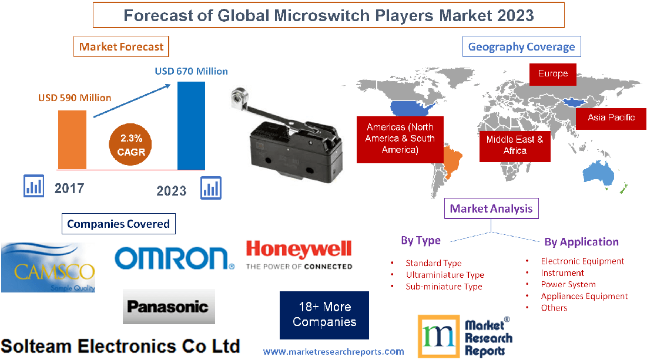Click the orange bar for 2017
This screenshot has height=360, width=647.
coord(72,140)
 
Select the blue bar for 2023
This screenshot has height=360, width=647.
coord(192,125)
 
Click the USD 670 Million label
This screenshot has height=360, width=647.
coord(191,71)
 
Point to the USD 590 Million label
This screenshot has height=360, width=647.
coord(75,97)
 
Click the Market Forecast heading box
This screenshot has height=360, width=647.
coord(122,47)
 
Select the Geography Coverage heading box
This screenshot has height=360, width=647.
coord(521,46)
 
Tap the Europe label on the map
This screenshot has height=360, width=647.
coord(552,73)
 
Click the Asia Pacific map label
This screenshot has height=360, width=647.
coord(611,117)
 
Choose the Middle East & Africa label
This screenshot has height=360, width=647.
coord(515,145)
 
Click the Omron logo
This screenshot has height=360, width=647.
coord(174,258)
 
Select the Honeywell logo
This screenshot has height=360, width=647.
coord(299,254)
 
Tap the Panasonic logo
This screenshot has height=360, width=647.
coord(169,306)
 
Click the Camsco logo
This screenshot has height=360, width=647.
coord(48,268)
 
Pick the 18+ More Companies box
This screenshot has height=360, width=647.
coord(324,314)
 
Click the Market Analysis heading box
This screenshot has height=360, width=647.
coord(491,208)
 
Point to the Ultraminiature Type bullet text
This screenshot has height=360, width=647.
coord(445,275)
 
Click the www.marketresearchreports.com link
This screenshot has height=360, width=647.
coord(333,352)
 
